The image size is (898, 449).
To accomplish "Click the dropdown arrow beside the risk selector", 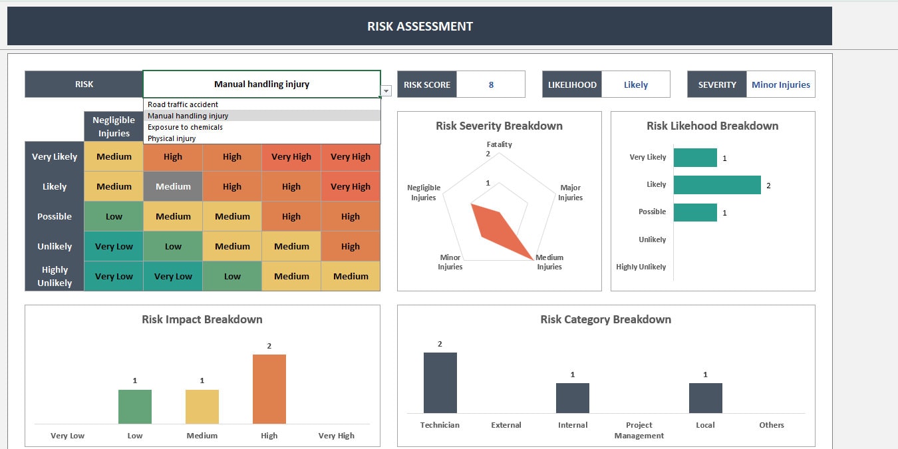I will [x=386, y=91].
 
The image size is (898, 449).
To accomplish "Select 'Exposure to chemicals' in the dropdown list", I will [x=185, y=127].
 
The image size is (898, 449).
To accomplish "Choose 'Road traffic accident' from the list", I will [x=183, y=104].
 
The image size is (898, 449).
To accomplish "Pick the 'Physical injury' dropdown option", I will [x=172, y=138].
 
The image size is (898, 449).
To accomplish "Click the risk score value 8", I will [x=491, y=84].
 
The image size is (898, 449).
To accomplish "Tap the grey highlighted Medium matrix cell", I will [x=173, y=187].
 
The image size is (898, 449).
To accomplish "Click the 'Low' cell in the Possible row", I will [x=114, y=217].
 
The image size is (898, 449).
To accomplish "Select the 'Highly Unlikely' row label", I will [x=55, y=276].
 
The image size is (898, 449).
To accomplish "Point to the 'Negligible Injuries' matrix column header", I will [x=114, y=126].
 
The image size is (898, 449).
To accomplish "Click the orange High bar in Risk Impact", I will [x=269, y=389].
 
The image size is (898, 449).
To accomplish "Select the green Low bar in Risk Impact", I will [x=135, y=406].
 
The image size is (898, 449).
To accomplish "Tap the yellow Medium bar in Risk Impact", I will [x=202, y=406].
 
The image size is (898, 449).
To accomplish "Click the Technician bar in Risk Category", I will [x=440, y=382].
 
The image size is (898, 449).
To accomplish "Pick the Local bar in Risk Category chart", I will [x=705, y=398].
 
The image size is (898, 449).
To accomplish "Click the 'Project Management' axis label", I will [x=639, y=430].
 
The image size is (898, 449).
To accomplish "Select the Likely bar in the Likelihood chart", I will [x=716, y=185].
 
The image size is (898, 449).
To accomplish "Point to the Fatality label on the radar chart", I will [x=499, y=144].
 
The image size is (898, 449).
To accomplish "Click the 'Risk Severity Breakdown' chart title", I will [x=499, y=126].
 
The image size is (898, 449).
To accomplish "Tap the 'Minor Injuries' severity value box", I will [x=780, y=84].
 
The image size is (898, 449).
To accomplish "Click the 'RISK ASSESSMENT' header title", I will [x=420, y=27].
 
